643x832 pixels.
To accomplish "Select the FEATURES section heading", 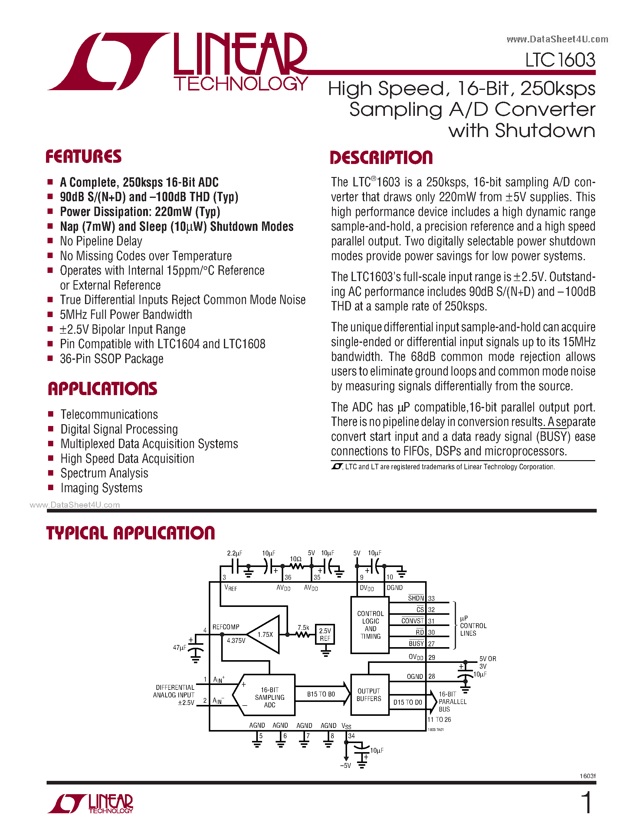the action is pos(84,157).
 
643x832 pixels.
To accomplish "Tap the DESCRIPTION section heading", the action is pos(381,158).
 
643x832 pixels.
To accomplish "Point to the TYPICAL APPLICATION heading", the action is pos(130,533).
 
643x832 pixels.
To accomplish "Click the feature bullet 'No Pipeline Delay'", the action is pos(101,241).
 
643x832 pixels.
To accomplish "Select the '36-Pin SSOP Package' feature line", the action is pos(112,359).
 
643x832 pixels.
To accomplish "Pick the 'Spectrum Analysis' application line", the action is pos(104,473).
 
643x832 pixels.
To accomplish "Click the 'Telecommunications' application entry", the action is pos(109,414).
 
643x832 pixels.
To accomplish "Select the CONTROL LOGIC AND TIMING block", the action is pos(370,625).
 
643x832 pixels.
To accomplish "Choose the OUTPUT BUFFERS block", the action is pos(369,695).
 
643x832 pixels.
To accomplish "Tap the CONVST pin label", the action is pos(412,621).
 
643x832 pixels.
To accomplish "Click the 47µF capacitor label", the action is pos(179,648).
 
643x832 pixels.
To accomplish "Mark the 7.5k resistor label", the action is pos(303,627).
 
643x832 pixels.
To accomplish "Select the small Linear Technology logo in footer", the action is pos(90,804).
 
